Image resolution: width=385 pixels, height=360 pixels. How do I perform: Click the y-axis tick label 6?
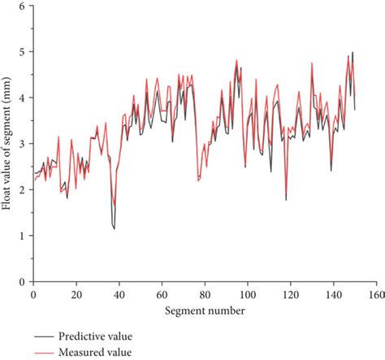(22, 6)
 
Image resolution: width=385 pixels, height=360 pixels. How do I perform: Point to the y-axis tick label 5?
(22, 51)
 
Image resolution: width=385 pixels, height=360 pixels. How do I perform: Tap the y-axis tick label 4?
(22, 98)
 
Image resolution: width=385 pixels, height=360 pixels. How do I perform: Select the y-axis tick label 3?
(22, 144)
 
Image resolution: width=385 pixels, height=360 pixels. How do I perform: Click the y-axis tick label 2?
(22, 189)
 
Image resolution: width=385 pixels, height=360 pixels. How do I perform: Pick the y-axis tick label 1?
(22, 236)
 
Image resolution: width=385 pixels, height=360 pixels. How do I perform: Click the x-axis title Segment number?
(204, 310)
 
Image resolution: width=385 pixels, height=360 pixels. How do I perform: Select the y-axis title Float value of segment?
(7, 144)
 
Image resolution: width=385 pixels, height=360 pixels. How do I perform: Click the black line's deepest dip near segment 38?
(114, 228)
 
